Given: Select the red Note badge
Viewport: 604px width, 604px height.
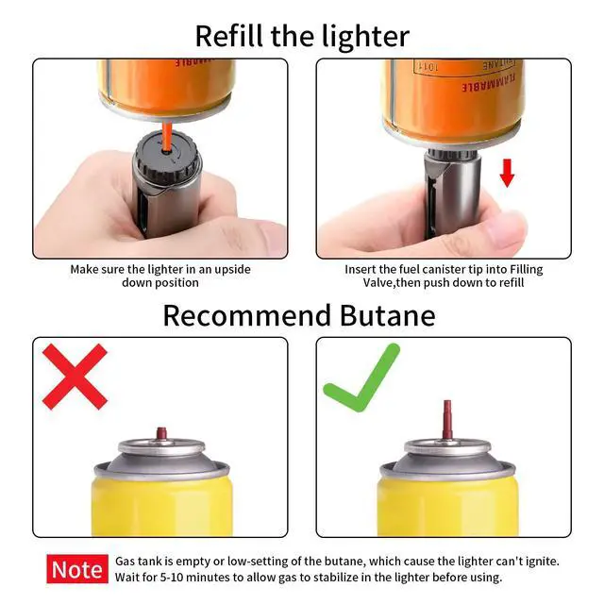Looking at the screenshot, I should click(77, 569).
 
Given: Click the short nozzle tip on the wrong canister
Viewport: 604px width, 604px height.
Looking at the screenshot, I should click(160, 433).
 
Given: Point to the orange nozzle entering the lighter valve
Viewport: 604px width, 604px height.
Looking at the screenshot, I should click(166, 131).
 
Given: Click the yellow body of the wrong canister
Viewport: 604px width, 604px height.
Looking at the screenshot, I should click(160, 505).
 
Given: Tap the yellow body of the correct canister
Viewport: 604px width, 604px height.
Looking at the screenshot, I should click(445, 505).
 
